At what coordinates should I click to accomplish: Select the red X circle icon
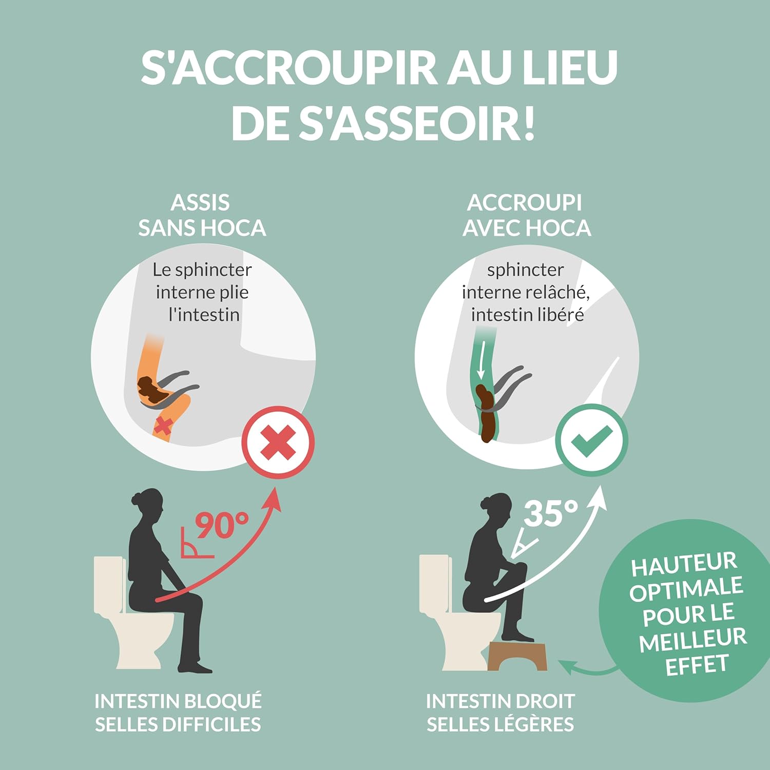click(278, 442)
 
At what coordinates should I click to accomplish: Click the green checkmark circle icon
click(591, 440)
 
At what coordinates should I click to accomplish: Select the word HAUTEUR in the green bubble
click(684, 565)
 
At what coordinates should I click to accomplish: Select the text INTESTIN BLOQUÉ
click(178, 701)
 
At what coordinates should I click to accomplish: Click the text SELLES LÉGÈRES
click(500, 724)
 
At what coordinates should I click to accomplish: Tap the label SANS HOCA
click(202, 228)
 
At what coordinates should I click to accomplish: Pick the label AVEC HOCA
click(527, 228)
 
